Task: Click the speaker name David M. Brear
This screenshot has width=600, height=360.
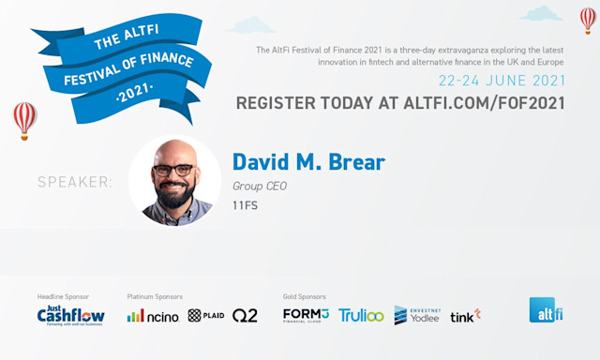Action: click(308, 162)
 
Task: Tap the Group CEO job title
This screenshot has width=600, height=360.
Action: click(260, 186)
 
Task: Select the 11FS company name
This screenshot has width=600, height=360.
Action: click(245, 204)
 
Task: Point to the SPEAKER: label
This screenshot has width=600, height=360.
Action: click(74, 182)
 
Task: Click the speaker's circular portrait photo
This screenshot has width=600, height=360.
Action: click(174, 181)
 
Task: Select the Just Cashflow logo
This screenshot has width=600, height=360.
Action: click(70, 316)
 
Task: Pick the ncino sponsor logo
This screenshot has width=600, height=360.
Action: click(153, 316)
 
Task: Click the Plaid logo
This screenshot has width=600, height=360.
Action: click(206, 316)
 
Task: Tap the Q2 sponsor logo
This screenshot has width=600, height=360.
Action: click(245, 316)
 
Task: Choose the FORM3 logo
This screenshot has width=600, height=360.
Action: click(306, 316)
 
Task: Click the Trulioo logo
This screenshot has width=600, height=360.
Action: click(361, 316)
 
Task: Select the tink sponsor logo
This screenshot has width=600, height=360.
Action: click(465, 316)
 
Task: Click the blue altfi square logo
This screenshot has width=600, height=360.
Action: click(545, 310)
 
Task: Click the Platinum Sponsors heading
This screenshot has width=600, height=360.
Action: click(155, 296)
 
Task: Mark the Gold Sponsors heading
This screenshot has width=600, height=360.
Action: click(303, 296)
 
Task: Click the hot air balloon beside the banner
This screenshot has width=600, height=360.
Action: click(25, 118)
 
